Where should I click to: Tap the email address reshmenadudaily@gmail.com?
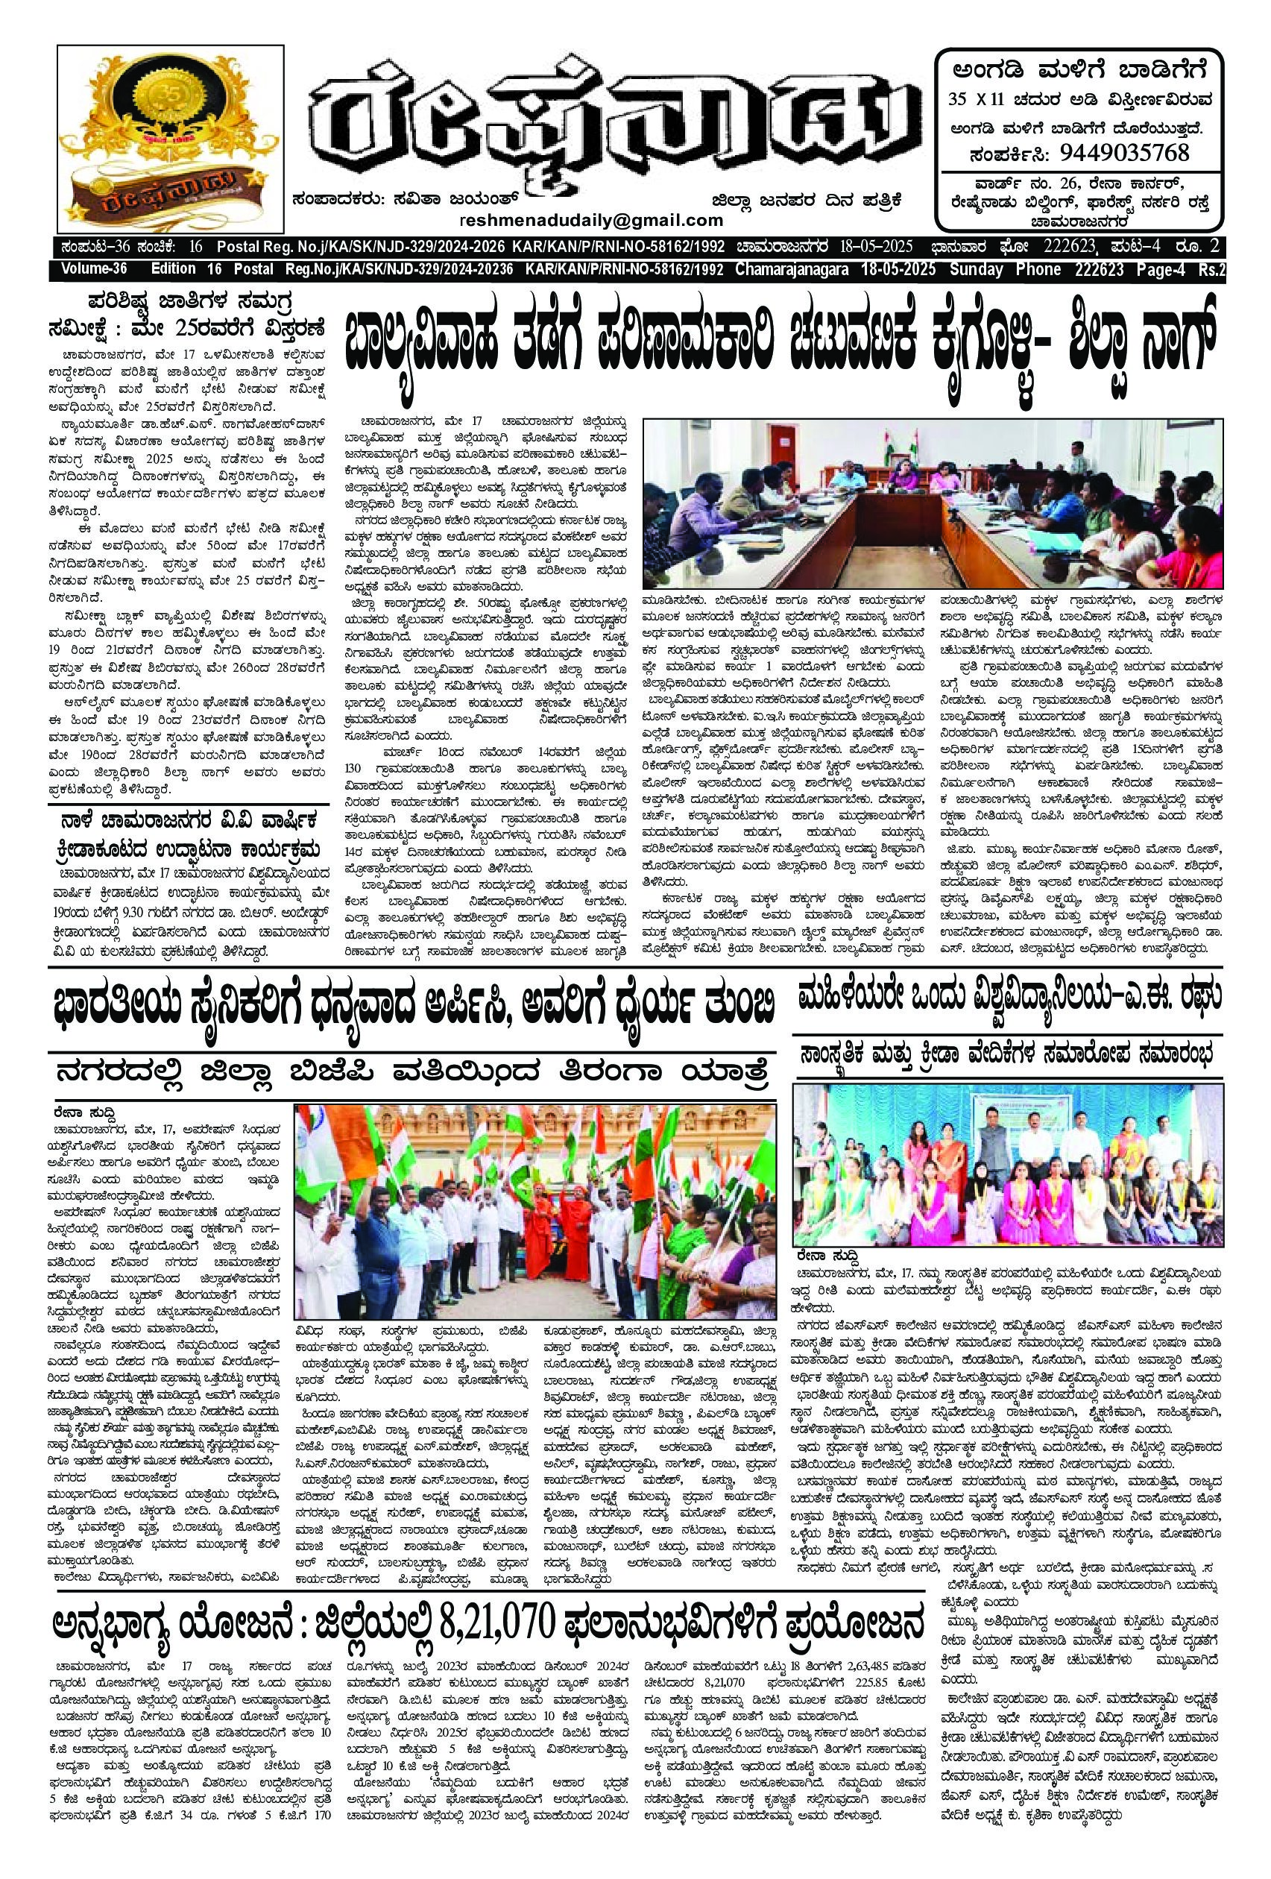[591, 220]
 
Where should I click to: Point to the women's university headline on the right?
[1006, 998]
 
